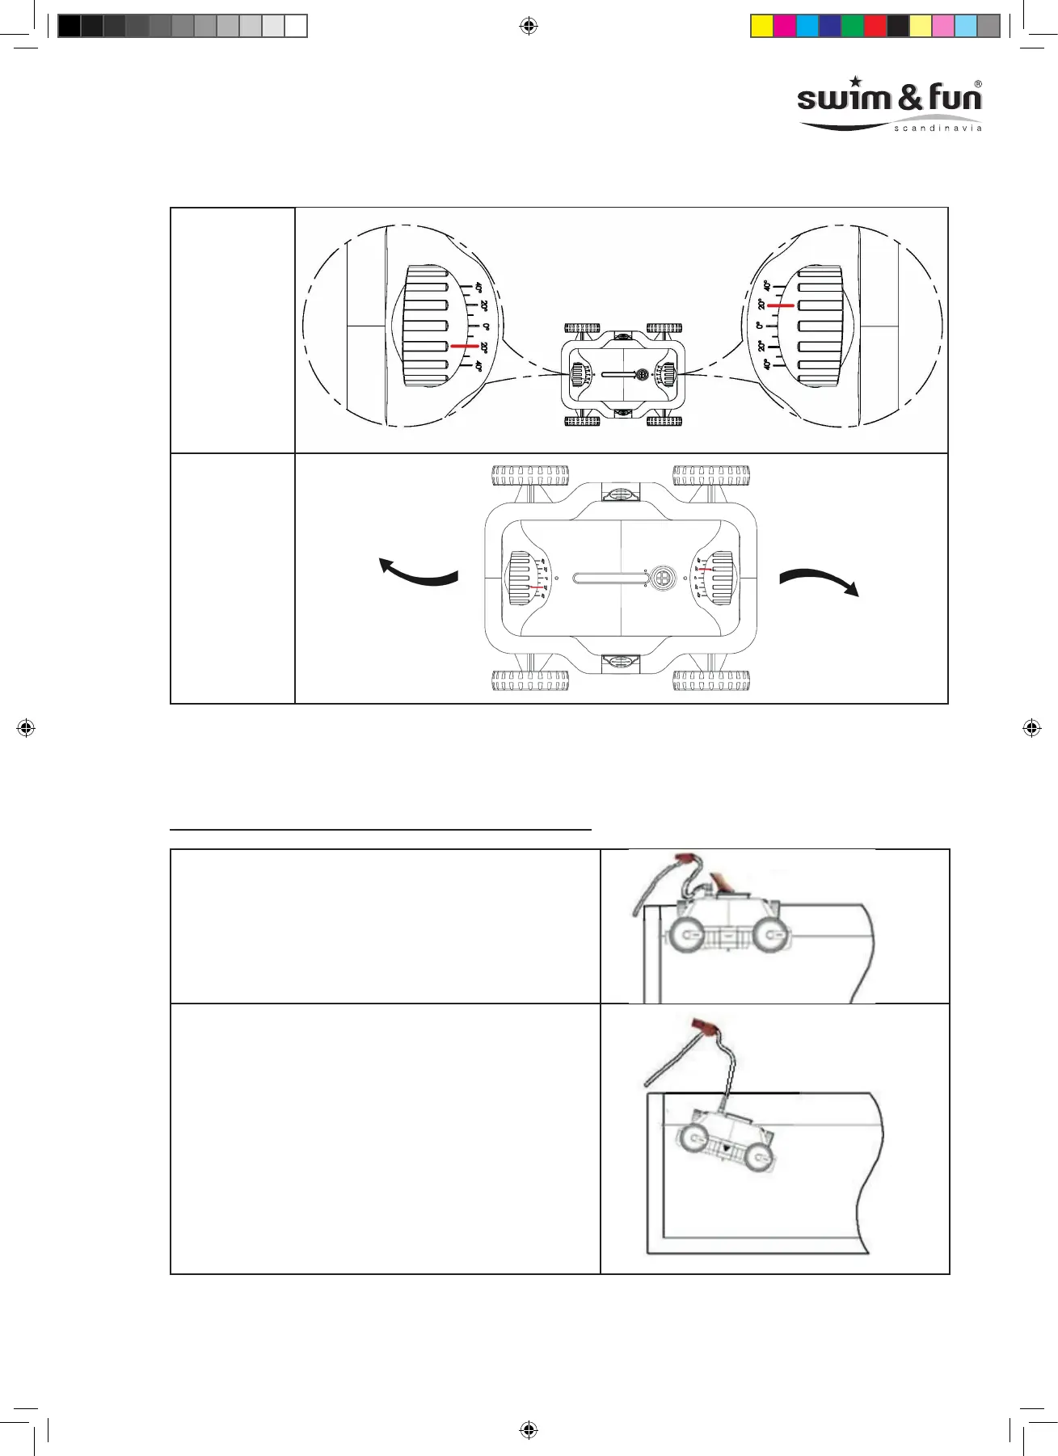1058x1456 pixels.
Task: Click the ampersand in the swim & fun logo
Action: click(x=910, y=98)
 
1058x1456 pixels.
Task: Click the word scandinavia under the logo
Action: click(x=938, y=128)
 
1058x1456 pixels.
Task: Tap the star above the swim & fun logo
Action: click(x=856, y=82)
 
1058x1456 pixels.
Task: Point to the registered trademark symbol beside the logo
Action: click(x=978, y=84)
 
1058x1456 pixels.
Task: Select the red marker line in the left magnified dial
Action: click(x=464, y=346)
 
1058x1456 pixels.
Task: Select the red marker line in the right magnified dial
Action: click(x=780, y=306)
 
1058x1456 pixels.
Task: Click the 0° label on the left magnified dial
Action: click(x=486, y=326)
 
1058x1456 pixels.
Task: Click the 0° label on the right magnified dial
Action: click(x=760, y=326)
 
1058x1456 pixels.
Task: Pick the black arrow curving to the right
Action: click(x=820, y=580)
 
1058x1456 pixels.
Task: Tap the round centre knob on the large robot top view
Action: click(x=663, y=578)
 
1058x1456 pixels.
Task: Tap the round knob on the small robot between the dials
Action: click(x=642, y=375)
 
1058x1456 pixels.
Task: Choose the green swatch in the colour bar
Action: click(x=853, y=26)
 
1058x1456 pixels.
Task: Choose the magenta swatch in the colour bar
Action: click(x=785, y=26)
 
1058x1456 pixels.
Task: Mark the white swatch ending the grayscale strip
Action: click(x=296, y=26)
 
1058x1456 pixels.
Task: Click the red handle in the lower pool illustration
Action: click(x=706, y=1029)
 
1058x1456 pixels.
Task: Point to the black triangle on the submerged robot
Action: click(x=727, y=1147)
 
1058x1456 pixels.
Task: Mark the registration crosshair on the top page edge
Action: click(x=529, y=27)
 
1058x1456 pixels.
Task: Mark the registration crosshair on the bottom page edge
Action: click(x=529, y=1430)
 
